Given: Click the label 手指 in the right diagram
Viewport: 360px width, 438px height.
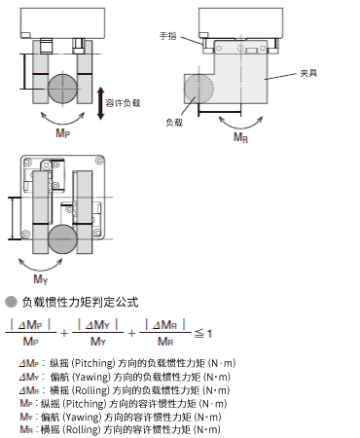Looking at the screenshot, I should coord(168,35).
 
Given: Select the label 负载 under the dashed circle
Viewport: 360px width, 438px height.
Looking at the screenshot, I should coord(173,122).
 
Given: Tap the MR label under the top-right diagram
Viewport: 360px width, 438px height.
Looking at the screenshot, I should coord(240,139).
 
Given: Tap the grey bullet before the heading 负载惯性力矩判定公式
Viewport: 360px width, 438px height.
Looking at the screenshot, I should coord(11,302).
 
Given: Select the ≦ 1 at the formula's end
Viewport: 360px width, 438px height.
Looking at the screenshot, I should coord(202,334).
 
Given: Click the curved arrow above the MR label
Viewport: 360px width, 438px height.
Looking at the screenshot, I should coord(239,124).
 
